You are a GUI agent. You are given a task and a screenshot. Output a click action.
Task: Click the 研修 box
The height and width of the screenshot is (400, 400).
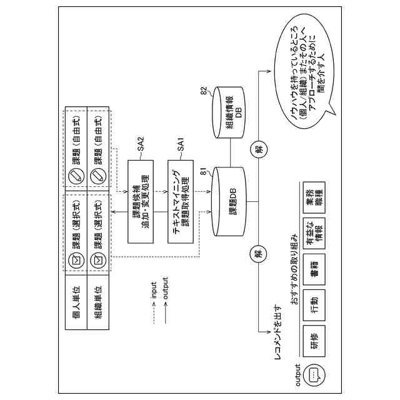tap(314, 341)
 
